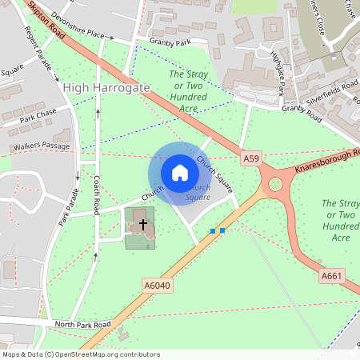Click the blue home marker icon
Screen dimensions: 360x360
179,173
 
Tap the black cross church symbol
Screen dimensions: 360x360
143,225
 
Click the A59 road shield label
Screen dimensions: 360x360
251,159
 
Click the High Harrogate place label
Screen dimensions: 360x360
106,87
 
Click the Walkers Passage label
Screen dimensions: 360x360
42,147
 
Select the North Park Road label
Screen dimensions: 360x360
82,325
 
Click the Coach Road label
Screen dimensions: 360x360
97,195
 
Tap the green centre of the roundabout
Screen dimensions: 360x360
276,185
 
